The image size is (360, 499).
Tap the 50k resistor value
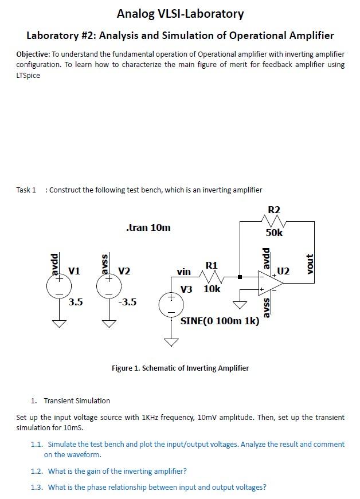coord(274,233)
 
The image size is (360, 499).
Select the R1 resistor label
coord(211,265)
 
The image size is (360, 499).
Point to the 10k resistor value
coord(212,289)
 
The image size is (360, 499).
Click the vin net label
coord(184,272)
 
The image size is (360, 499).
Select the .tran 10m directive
coord(148,227)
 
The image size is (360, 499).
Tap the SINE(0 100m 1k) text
coord(220,321)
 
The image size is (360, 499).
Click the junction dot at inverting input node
coord(240,278)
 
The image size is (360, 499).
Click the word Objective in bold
coord(33,53)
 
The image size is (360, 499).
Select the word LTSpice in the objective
coord(28,76)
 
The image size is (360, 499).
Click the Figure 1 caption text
coord(180,368)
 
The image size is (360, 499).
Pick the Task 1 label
coord(26,190)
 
